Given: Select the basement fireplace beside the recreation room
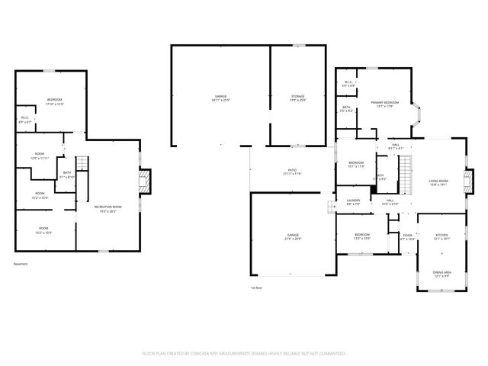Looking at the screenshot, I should [148, 181].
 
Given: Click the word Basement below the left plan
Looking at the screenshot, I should [21, 265].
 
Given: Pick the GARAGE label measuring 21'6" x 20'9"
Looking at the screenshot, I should [293, 237].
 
